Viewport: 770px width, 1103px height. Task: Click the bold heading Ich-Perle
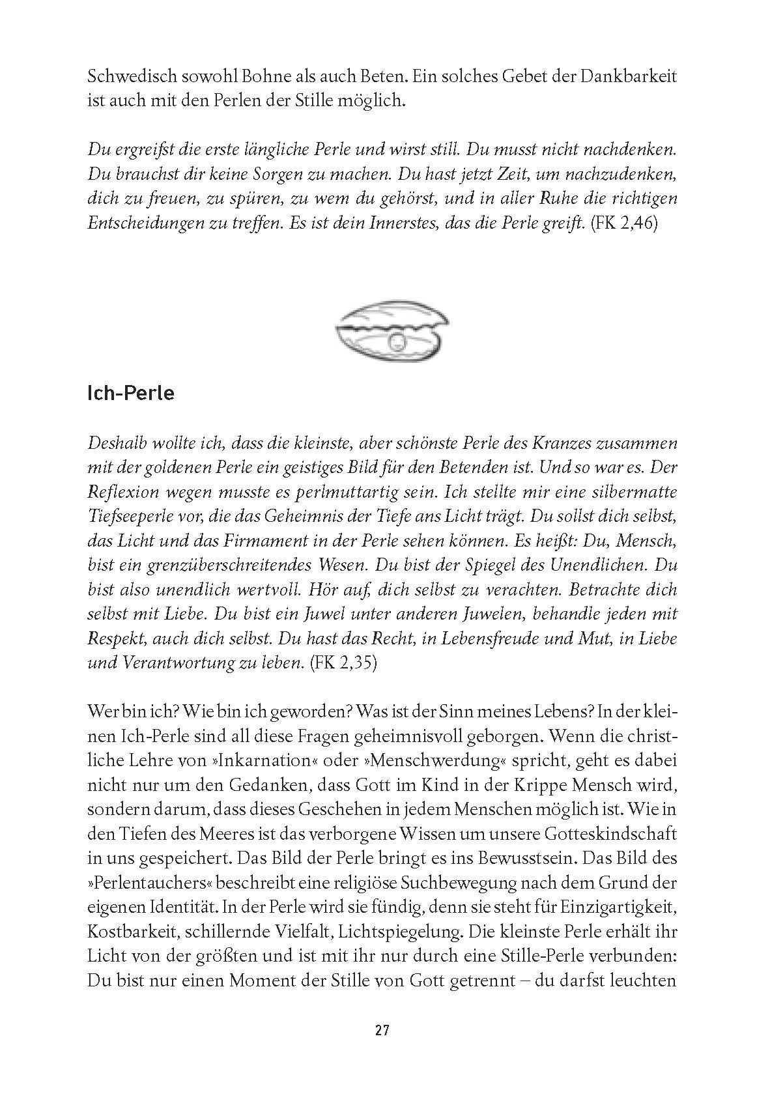(130, 394)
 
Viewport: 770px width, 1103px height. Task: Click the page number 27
(382, 1030)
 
